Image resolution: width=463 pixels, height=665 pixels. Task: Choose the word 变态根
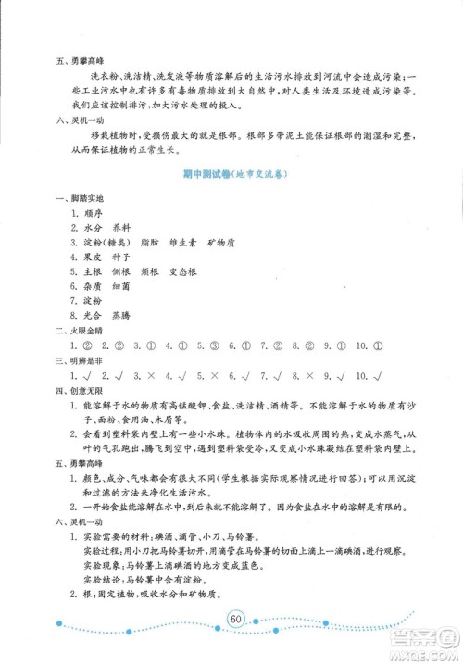[207, 286]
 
